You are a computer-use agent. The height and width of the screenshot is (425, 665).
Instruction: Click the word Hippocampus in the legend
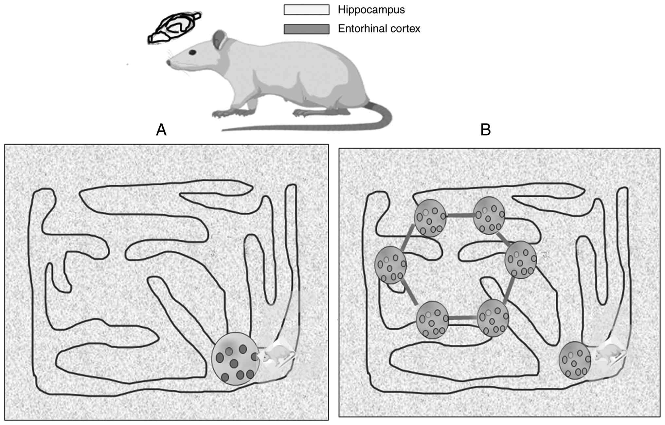pos(371,10)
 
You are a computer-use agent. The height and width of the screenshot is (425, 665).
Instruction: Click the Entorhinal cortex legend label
pos(379,29)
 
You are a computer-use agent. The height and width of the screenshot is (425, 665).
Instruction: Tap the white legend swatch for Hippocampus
pos(306,10)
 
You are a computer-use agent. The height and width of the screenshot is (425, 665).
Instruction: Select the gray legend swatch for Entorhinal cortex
pos(306,29)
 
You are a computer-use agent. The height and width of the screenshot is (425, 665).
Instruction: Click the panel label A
pos(161,130)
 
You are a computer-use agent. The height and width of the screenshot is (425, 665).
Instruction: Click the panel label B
pos(485,130)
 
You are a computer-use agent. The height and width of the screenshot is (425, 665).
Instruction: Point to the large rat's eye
pos(192,52)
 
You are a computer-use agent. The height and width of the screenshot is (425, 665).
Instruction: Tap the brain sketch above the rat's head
pos(173,28)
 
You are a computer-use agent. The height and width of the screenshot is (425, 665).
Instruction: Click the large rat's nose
pos(169,62)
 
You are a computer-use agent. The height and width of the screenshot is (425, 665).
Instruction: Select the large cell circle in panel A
pos(236,358)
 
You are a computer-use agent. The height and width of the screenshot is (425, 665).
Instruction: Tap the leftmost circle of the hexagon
pos(390,265)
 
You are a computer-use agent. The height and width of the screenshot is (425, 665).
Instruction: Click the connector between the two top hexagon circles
pos(460,215)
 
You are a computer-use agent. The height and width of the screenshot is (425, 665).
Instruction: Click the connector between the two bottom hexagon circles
pos(462,318)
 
